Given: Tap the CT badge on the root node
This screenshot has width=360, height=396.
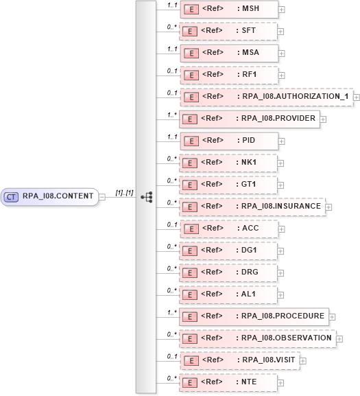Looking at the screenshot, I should (12, 196).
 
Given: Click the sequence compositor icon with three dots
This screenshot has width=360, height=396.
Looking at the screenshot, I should (146, 196).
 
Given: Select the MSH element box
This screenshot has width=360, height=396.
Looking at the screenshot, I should (228, 10).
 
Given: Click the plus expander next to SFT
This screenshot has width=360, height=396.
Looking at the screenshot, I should (281, 32).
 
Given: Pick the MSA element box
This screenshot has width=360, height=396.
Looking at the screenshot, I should (228, 53).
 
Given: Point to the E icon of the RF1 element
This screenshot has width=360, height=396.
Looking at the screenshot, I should (193, 75).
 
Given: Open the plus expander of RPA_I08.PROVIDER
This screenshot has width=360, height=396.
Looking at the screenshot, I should (323, 119).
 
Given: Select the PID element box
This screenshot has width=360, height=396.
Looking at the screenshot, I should (228, 141).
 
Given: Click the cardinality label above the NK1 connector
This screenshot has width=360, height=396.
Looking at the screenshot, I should (172, 158).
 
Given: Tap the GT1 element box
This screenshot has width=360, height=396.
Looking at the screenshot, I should (228, 185).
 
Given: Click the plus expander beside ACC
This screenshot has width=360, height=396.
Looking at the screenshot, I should (281, 229).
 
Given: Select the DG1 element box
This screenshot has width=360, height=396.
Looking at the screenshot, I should (228, 251).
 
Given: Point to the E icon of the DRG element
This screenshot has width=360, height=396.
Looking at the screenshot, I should (193, 272).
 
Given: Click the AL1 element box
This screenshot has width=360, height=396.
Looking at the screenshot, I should (228, 294).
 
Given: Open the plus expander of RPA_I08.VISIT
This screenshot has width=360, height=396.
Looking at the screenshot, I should (303, 360).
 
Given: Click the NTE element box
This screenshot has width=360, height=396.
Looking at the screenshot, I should (228, 382).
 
